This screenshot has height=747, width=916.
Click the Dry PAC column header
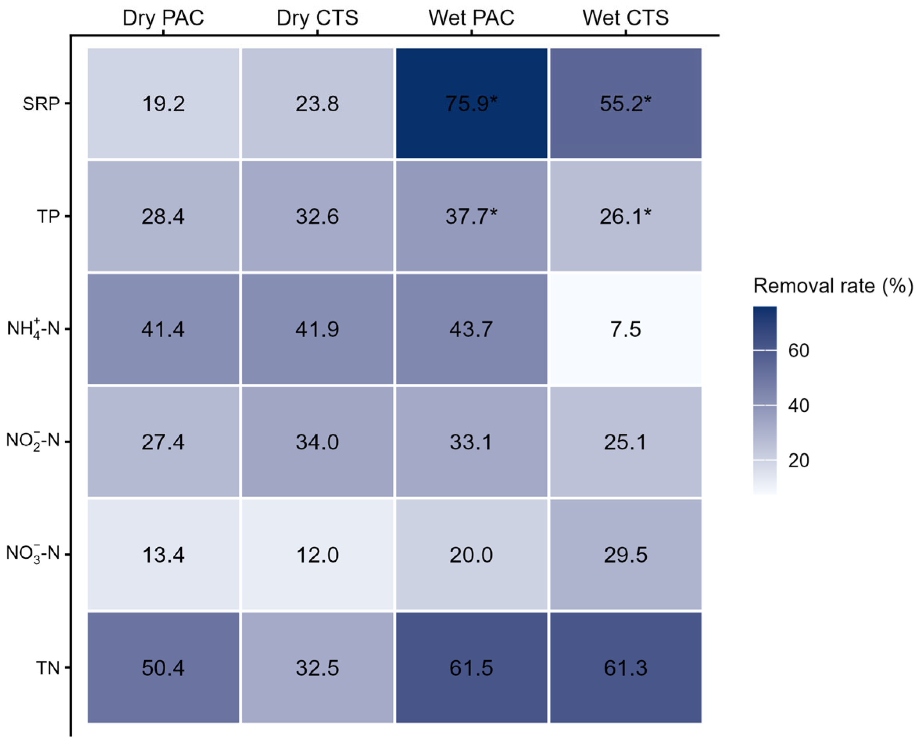click(163, 18)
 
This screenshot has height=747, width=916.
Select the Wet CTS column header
click(625, 18)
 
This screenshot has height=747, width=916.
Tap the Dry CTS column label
click(317, 18)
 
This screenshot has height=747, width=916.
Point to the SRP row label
click(41, 104)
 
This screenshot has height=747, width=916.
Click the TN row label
click(48, 668)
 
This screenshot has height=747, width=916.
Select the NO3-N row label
click(33, 554)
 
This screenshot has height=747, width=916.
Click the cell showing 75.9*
click(471, 103)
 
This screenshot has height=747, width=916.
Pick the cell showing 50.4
click(163, 668)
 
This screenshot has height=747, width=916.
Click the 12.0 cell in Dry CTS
click(317, 555)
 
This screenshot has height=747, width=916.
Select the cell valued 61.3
click(625, 668)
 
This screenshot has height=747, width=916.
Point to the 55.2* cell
click(625, 103)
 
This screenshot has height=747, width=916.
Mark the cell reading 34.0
click(317, 442)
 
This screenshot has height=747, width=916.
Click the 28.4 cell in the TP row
click(163, 216)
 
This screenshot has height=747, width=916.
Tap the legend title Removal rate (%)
click(833, 286)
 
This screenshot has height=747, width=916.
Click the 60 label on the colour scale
click(799, 351)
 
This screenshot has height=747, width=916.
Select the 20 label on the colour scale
click(799, 461)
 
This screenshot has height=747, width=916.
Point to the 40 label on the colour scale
click(799, 406)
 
